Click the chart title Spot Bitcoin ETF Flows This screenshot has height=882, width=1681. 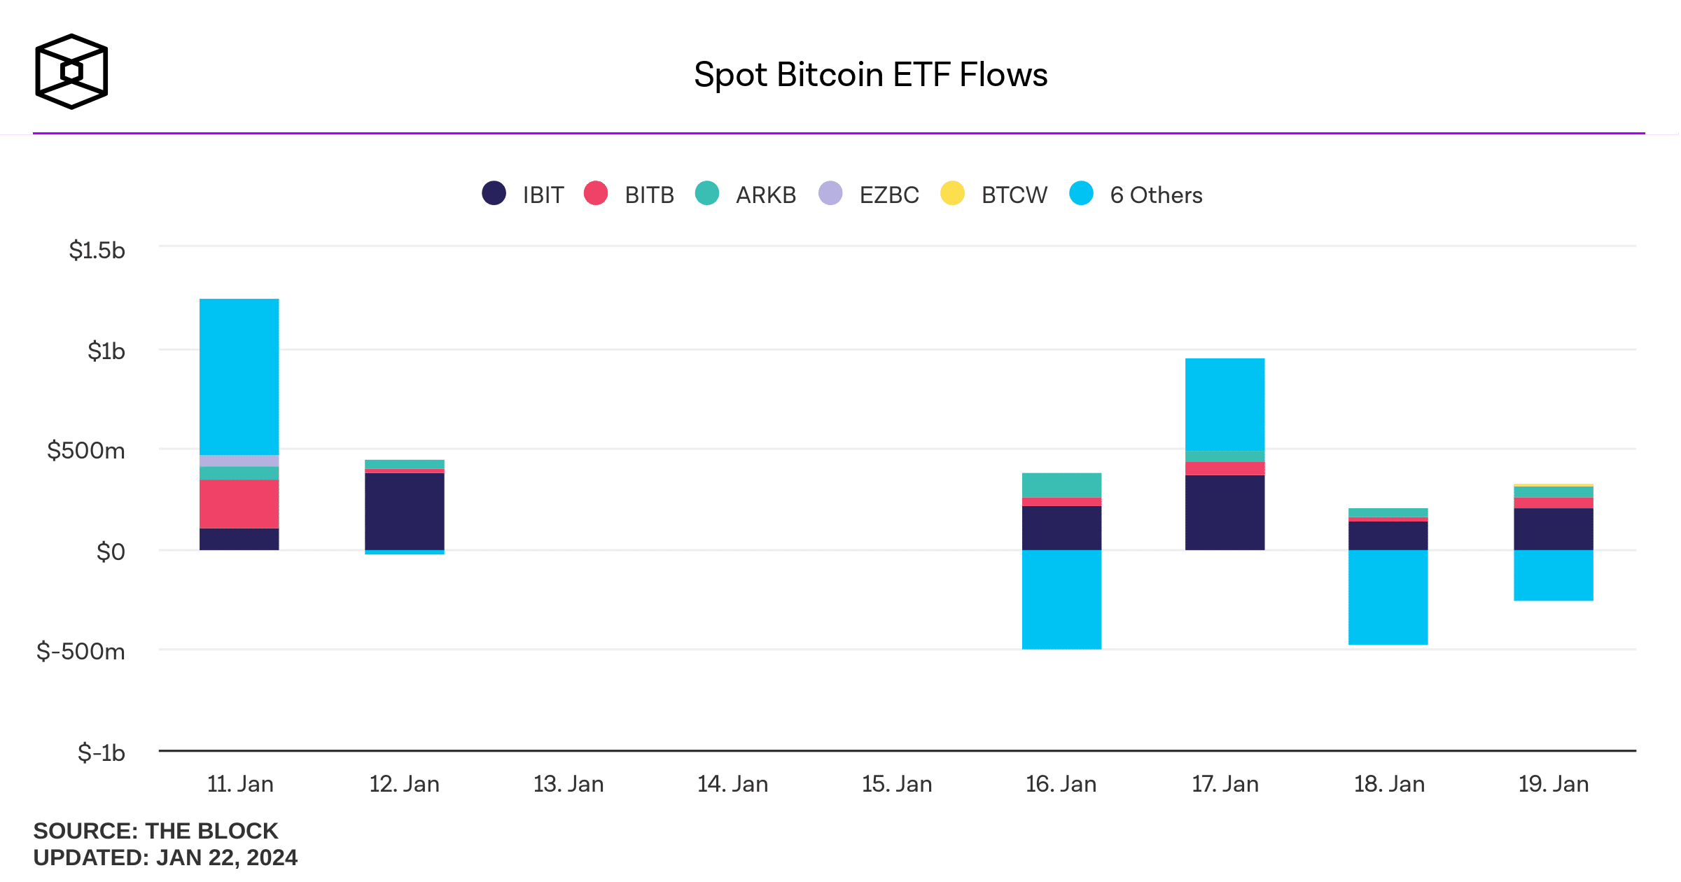[870, 75]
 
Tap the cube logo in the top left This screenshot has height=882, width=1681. [71, 71]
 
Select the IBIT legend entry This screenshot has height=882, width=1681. [524, 194]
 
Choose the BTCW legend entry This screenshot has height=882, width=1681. [994, 194]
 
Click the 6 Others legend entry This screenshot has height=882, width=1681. [1136, 194]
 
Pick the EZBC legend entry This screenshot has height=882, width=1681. [869, 194]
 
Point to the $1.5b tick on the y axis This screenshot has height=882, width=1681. [97, 250]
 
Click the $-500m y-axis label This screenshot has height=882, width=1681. [81, 652]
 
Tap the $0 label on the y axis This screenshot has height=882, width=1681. [111, 552]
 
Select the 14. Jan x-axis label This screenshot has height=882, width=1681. [732, 784]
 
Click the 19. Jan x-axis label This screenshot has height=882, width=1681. [1553, 784]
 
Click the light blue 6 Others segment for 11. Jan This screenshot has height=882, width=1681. [239, 377]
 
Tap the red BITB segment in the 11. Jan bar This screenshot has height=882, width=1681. [239, 504]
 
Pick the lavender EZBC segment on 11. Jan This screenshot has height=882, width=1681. [239, 461]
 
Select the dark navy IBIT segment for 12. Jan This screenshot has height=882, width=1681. [405, 511]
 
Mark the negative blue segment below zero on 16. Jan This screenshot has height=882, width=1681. [1061, 599]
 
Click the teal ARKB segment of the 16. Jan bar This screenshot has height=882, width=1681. [1061, 485]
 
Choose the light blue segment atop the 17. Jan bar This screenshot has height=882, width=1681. [1225, 405]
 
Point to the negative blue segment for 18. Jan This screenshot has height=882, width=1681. [1388, 597]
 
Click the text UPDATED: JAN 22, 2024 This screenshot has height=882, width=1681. [165, 857]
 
